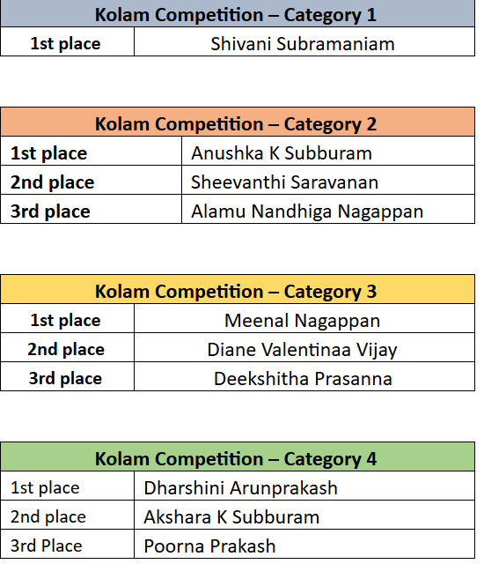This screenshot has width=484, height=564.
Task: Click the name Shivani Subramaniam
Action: (x=303, y=44)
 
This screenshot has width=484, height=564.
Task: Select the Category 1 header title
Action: (x=236, y=16)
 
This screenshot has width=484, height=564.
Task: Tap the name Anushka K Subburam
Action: (x=282, y=153)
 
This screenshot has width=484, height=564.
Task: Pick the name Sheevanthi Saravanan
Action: (x=284, y=182)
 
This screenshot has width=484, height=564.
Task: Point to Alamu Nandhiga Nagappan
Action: (x=307, y=211)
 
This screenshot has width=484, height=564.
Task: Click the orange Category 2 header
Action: (x=238, y=122)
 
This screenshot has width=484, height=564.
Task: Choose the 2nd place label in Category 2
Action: (x=53, y=182)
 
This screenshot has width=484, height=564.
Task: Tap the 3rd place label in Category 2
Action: (x=50, y=211)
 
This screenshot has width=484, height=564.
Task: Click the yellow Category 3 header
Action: (x=238, y=289)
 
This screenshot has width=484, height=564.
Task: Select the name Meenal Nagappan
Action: (x=303, y=321)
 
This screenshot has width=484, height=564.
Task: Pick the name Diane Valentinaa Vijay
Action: (x=303, y=350)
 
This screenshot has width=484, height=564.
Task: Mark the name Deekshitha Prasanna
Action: (x=303, y=379)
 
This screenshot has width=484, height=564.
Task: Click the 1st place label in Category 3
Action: (x=65, y=321)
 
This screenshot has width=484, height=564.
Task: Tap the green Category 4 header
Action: (x=238, y=456)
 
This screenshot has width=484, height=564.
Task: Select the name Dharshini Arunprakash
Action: (x=240, y=488)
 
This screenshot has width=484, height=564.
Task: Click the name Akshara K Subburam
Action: (x=231, y=517)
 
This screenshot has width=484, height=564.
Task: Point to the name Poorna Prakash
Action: (x=209, y=546)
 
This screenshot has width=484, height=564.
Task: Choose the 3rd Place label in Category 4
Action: (x=47, y=546)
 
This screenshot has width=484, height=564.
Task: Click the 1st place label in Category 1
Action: (x=65, y=44)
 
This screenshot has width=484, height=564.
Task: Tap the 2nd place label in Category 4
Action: (x=48, y=517)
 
